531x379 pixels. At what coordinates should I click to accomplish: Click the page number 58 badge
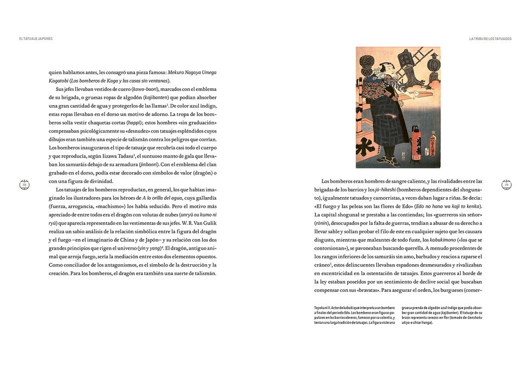click(x=24, y=185)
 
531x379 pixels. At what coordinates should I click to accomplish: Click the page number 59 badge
click(x=506, y=185)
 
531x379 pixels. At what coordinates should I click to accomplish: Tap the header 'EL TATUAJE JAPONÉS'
click(x=36, y=38)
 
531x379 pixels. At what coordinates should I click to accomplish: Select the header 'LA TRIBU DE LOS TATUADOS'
click(x=490, y=38)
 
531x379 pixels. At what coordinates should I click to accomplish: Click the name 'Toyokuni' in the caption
click(x=324, y=308)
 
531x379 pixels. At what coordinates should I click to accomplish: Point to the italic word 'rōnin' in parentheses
click(x=324, y=223)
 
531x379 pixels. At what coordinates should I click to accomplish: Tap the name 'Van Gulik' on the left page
click(x=204, y=223)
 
